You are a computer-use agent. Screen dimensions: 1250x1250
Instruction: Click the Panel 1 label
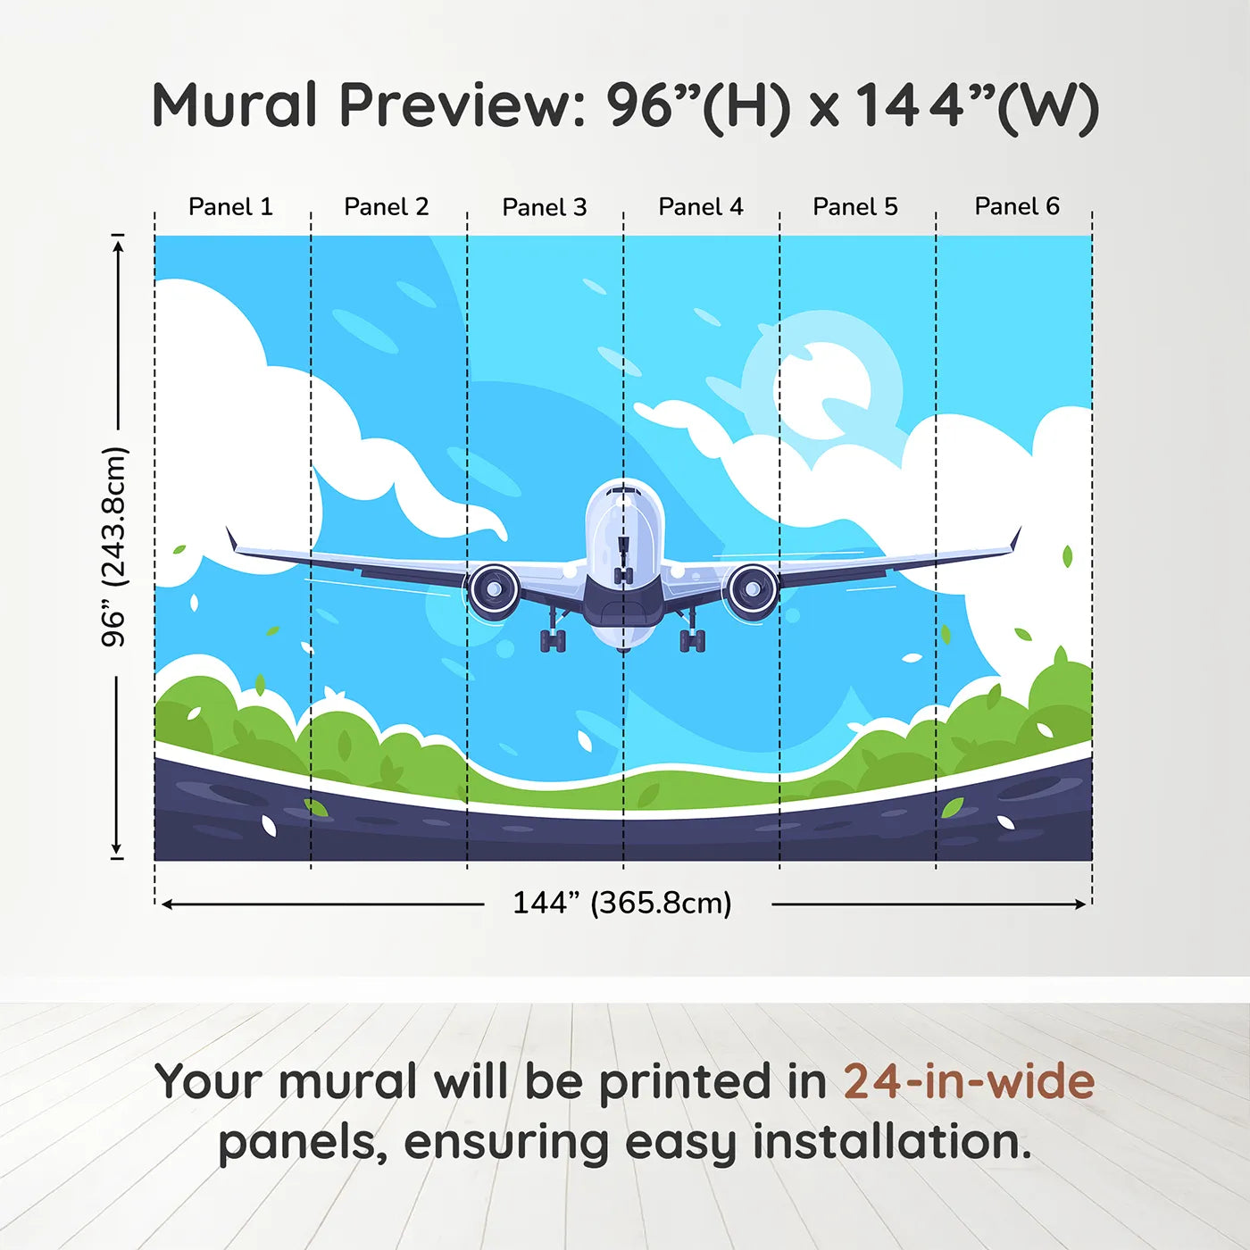pos(230,207)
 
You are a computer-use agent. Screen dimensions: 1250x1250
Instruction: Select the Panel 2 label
pos(386,207)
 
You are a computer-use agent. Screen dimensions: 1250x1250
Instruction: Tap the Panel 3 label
pos(544,207)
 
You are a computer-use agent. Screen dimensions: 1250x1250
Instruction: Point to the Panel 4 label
pos(700,207)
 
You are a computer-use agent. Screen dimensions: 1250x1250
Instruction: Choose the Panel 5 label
pos(854,207)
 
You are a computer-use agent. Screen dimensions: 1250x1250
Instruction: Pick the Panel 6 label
pos(1016,207)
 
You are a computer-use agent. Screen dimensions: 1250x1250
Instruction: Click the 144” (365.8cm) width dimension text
pos(622,903)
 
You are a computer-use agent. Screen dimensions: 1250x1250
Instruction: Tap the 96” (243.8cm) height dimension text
pos(114,546)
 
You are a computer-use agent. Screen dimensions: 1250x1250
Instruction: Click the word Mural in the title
pos(234,105)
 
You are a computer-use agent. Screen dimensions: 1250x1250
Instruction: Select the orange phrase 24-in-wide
pos(969,1081)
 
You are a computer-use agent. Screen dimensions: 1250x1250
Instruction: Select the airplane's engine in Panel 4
pos(752,590)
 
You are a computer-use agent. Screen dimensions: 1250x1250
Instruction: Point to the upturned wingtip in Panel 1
pos(232,539)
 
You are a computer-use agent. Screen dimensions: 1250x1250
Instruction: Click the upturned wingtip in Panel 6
pos(1015,539)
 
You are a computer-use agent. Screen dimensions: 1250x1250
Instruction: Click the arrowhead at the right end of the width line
pos(1081,904)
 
